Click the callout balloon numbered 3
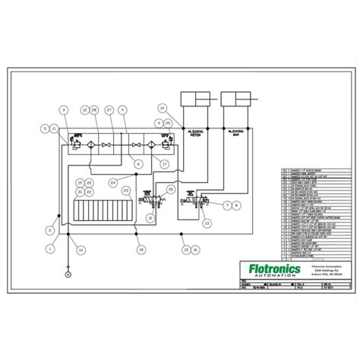click(x=64, y=111)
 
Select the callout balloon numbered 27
click(x=109, y=111)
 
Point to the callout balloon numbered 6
click(x=138, y=163)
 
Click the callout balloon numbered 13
click(x=207, y=223)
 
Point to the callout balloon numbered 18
click(x=141, y=249)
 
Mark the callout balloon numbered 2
click(x=49, y=229)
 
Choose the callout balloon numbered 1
click(x=51, y=248)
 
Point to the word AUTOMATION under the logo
click(x=275, y=278)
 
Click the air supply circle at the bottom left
click(x=68, y=274)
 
